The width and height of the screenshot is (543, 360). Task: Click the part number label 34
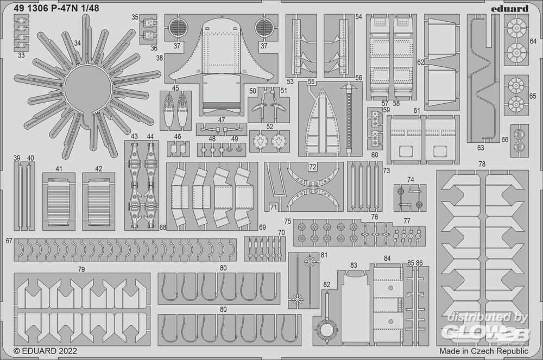point(77,43)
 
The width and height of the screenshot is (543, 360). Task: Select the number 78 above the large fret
point(482,163)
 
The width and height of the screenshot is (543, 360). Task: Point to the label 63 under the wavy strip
point(480,147)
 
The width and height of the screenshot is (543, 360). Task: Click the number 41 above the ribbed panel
point(59,169)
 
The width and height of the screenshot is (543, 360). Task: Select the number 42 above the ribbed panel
point(98,169)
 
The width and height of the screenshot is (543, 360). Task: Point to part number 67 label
point(9,241)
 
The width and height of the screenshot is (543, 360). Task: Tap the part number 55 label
point(311,82)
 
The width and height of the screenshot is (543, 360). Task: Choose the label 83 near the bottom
point(353,266)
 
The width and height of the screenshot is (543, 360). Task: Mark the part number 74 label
point(410,180)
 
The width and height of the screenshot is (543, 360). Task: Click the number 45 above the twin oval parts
point(175,87)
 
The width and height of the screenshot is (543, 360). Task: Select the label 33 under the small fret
point(21,55)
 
